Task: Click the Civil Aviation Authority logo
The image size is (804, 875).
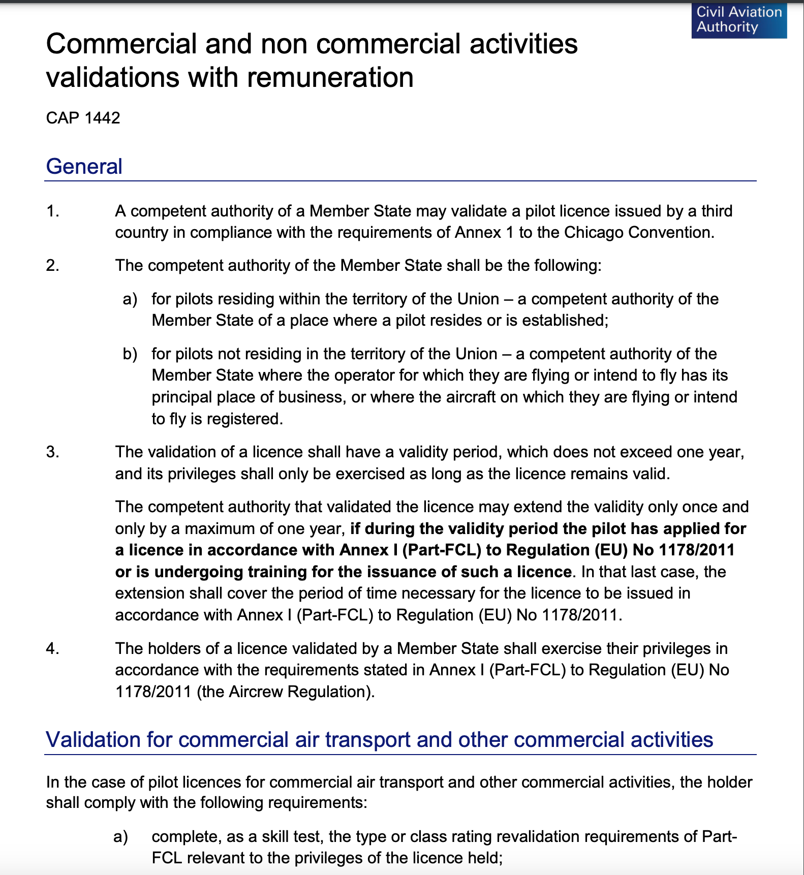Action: pos(738,20)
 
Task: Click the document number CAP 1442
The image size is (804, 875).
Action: pos(83,118)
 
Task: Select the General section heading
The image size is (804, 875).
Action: pos(84,167)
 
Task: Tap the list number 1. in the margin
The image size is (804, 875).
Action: pos(52,211)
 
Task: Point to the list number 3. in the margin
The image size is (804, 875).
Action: pos(52,452)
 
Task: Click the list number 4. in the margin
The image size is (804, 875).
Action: pos(52,648)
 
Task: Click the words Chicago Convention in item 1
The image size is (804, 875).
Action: pos(638,232)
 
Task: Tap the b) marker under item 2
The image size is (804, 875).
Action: pos(130,354)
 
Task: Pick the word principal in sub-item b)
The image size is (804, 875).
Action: pos(182,397)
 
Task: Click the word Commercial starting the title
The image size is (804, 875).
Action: pos(121,44)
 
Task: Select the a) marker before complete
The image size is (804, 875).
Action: pos(120,836)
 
